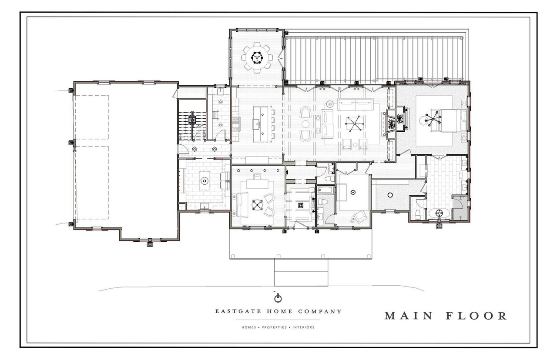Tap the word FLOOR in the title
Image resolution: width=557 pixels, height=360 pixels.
(476, 316)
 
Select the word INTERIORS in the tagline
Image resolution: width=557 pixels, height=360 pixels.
(303, 327)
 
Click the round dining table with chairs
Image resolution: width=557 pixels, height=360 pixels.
(257, 58)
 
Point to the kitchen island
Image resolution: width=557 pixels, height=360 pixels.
(261, 124)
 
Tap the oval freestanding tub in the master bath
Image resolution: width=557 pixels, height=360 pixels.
(439, 213)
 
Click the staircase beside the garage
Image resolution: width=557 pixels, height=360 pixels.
(192, 126)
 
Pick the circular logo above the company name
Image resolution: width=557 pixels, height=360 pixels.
(278, 298)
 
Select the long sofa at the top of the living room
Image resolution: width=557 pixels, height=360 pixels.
(355, 105)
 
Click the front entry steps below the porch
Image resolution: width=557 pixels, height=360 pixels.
(301, 272)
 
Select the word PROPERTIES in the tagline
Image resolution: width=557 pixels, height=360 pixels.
(274, 327)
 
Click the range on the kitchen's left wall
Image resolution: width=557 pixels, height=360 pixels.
(235, 124)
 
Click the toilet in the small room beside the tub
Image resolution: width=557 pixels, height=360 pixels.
(417, 214)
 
